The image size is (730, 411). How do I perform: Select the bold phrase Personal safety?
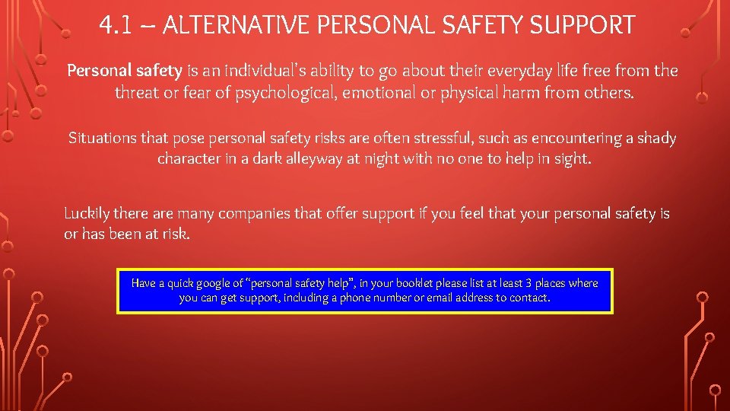[x=125, y=71]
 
